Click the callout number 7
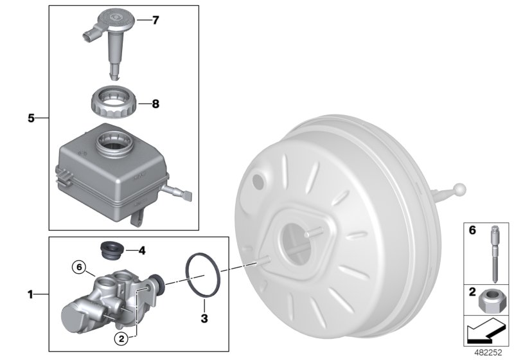point(155,21)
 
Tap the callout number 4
point(143,249)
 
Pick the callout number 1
point(31,295)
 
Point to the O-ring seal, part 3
point(204,276)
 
